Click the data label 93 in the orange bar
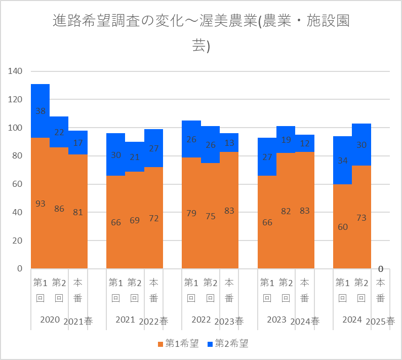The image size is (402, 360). tap(41, 204)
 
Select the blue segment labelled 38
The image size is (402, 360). tap(41, 111)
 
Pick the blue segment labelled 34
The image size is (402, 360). tap(342, 161)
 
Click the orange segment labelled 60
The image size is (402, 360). tap(342, 226)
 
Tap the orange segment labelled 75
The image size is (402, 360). tap(210, 216)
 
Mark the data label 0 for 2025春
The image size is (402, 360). tap(380, 268)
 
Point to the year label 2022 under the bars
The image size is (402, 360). tap(201, 319)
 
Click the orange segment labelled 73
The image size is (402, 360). tap(361, 218)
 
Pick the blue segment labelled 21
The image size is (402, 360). tap(135, 157)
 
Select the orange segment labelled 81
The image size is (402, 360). tap(78, 212)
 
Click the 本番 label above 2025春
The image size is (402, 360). tap(380, 290)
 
